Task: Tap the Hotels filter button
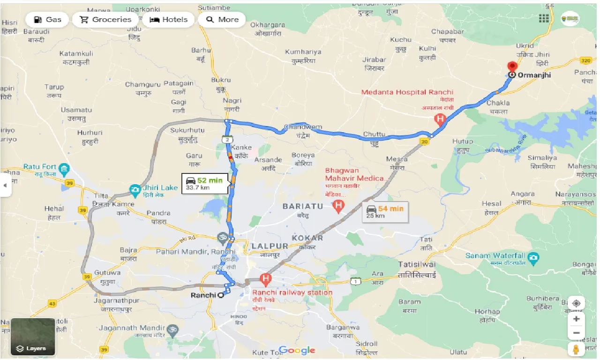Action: (168, 20)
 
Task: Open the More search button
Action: (222, 20)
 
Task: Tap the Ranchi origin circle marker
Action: (220, 295)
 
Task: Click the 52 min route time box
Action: (205, 183)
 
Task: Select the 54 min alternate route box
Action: (385, 212)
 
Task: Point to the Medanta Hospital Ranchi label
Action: (407, 92)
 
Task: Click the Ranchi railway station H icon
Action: (266, 280)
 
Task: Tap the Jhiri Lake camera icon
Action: (135, 190)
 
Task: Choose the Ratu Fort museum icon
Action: (65, 168)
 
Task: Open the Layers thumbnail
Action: (33, 337)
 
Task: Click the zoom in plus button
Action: (576, 319)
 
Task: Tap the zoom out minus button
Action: (576, 333)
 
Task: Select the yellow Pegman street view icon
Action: (576, 350)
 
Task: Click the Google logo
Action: (297, 351)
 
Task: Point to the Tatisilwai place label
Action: (417, 264)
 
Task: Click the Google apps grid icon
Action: (544, 18)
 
